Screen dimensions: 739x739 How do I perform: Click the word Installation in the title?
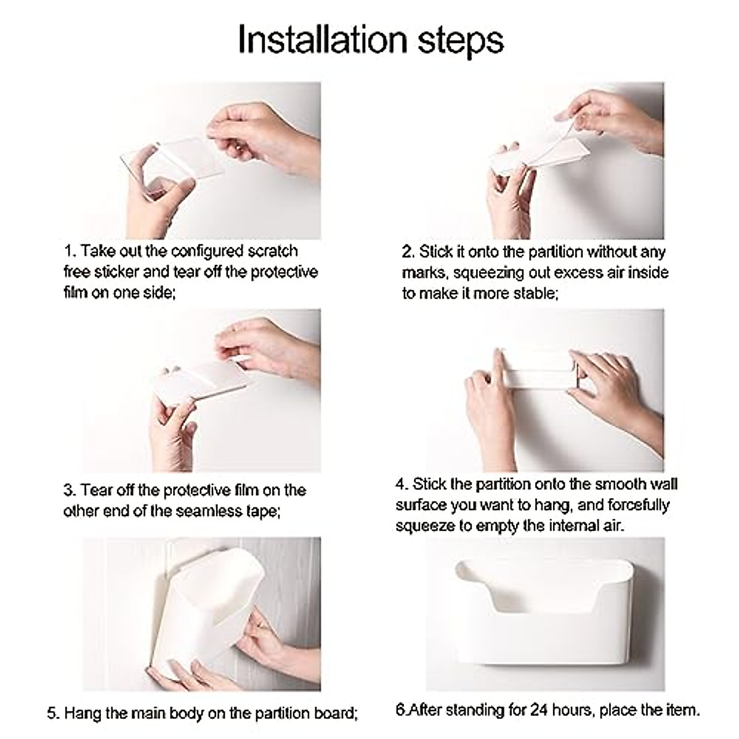coord(322,39)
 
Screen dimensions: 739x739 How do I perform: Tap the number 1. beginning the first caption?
coord(70,251)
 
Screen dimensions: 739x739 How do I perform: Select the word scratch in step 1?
coord(273,251)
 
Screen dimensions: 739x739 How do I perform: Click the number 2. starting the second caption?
coord(409,252)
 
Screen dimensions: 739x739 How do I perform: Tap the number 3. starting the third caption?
coord(70,490)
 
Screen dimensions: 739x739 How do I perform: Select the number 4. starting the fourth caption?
coord(402,484)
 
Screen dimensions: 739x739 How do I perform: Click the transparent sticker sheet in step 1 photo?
coord(172,169)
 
